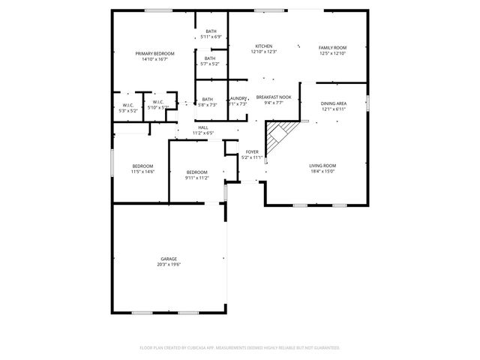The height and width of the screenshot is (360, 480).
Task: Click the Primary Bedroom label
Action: pos(154,53)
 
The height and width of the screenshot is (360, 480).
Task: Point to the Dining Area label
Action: pos(333,103)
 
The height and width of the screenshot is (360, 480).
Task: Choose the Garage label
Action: pos(169,259)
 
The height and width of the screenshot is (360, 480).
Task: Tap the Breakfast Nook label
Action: pos(269,97)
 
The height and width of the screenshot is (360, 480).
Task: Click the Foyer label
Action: pos(252,151)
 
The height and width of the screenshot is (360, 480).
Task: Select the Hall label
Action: pos(202,127)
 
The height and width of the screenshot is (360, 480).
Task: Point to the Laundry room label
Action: pos(238,98)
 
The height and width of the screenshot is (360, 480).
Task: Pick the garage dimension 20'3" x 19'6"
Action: pos(169,265)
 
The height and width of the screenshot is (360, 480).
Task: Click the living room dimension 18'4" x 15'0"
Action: pos(322,171)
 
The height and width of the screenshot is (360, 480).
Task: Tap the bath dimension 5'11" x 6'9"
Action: pos(211,36)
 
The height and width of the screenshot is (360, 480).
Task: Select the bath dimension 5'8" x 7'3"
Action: pos(207,104)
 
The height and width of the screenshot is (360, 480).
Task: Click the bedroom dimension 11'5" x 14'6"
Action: pos(142,172)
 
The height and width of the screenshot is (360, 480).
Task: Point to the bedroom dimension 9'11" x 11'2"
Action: pos(196,178)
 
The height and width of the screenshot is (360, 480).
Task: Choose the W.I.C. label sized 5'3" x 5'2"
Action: pos(129,110)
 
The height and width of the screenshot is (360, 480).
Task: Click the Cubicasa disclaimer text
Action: pos(240,347)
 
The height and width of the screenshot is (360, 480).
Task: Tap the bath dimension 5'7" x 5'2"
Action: pos(210,64)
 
